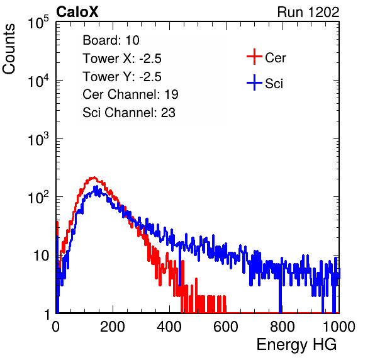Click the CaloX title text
pos(77,12)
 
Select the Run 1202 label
pos(308,12)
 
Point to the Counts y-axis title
pos(9,49)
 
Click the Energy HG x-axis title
pos(296,344)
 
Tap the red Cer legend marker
pos(254,57)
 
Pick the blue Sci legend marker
pos(254,82)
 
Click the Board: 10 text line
pos(111,40)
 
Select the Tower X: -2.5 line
pos(122,59)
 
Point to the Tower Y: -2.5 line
pos(122,77)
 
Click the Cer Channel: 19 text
pos(131,94)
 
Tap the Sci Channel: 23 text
pos(129,113)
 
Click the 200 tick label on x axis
pos(113,327)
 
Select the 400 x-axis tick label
pos(169,327)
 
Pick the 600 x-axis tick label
pos(226,327)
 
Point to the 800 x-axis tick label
pos(283,327)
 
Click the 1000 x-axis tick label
pos(339,327)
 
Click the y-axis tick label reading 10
pos(41,256)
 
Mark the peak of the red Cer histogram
pos(94,177)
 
